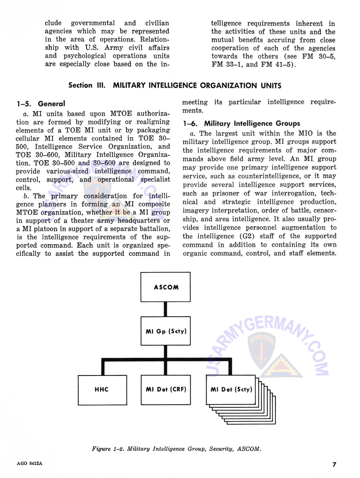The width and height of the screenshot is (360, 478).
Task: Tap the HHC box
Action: (102, 389)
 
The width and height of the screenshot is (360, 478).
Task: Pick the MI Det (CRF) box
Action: (166, 389)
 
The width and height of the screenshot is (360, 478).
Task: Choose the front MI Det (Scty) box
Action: (230, 389)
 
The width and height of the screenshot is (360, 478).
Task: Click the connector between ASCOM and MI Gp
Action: (166, 309)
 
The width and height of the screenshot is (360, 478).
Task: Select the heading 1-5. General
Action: (41, 104)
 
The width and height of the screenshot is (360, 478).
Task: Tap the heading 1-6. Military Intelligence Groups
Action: (241, 123)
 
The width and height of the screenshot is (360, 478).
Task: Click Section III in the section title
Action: (87, 85)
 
